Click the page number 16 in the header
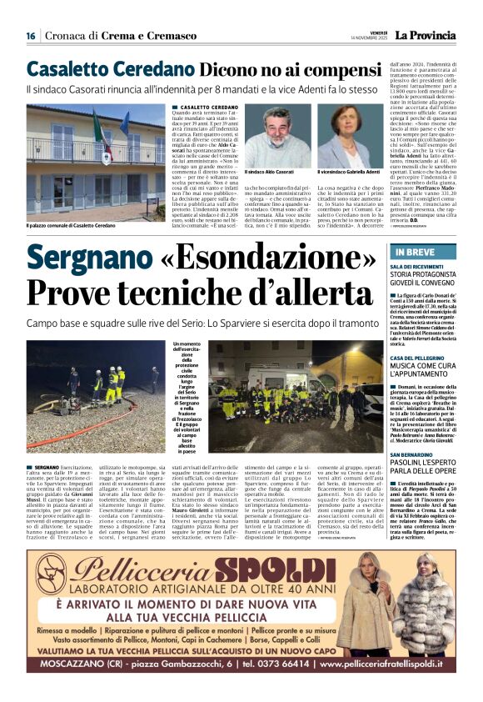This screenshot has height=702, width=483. [x=30, y=35]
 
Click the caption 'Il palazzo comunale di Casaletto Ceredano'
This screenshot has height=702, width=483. [x=71, y=225]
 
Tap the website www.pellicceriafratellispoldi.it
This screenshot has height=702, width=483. [x=387, y=666]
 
